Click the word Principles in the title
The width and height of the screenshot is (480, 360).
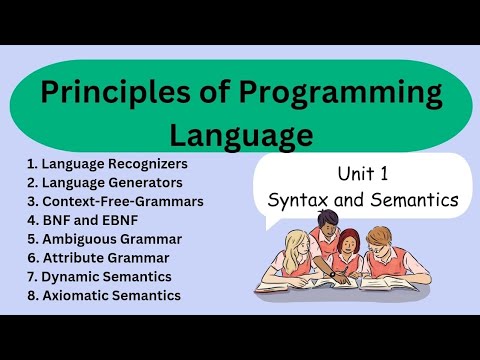103,93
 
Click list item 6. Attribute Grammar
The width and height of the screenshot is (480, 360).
97,258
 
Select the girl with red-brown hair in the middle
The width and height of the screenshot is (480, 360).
349,249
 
